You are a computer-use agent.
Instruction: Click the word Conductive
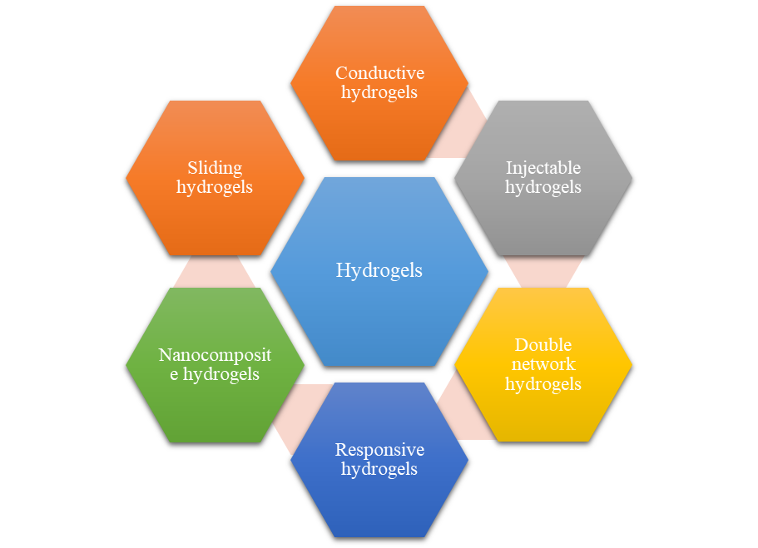[x=379, y=74]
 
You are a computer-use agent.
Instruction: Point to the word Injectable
[x=543, y=168]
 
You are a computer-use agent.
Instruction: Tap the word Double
[x=543, y=345]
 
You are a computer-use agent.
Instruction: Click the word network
[x=543, y=364]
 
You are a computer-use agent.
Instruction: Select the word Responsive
[x=379, y=450]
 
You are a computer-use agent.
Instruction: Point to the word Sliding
[x=215, y=168]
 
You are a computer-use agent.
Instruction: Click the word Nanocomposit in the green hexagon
[x=215, y=356]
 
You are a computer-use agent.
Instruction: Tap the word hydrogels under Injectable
[x=543, y=187]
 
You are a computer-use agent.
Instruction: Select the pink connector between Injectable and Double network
[x=543, y=271]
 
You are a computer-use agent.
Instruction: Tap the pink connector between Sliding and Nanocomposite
[x=215, y=271]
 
